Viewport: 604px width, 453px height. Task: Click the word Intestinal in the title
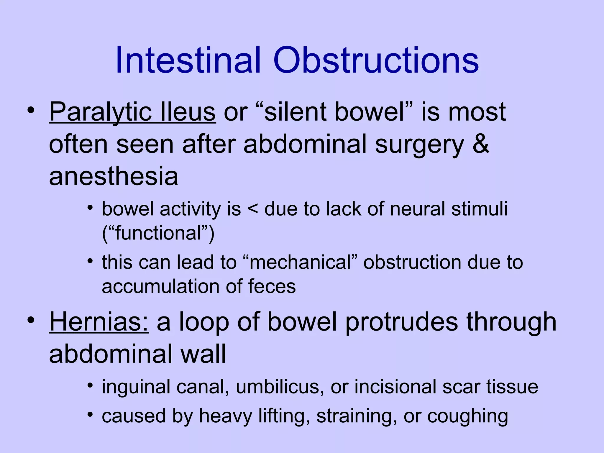(188, 60)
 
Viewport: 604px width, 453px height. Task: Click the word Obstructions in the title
(376, 60)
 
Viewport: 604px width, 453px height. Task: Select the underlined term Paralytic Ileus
(132, 112)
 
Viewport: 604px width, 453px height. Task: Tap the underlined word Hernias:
(99, 322)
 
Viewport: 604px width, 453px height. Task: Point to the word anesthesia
(114, 176)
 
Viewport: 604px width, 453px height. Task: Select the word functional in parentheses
(158, 233)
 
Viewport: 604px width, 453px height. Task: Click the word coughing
(467, 416)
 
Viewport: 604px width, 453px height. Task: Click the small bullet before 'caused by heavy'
(90, 415)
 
